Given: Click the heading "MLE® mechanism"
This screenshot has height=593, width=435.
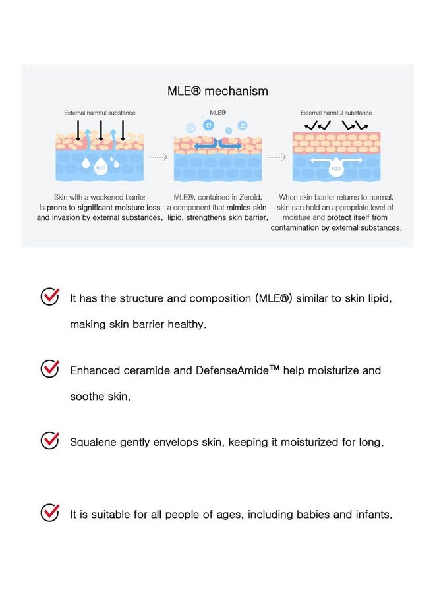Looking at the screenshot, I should click(x=217, y=91).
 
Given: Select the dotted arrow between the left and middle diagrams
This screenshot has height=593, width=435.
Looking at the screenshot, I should click(x=158, y=157).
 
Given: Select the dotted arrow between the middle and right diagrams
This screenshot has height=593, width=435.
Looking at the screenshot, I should click(x=275, y=157).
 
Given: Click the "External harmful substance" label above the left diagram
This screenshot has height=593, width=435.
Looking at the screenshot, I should click(x=100, y=113).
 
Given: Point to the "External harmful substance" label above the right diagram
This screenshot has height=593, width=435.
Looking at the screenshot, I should click(x=336, y=113).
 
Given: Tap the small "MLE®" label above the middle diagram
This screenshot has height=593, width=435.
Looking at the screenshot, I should click(x=217, y=113).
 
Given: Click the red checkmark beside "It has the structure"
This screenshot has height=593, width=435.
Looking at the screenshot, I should click(x=50, y=297).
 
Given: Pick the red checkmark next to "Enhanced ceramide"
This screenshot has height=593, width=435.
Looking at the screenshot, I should click(x=50, y=369).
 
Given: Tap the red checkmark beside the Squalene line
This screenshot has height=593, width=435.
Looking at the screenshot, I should click(x=50, y=441).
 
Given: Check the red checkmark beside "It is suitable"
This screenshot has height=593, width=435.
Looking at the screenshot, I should click(x=50, y=513).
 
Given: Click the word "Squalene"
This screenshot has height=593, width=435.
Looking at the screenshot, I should click(x=93, y=442).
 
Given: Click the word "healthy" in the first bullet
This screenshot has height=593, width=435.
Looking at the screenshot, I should click(x=187, y=325).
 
